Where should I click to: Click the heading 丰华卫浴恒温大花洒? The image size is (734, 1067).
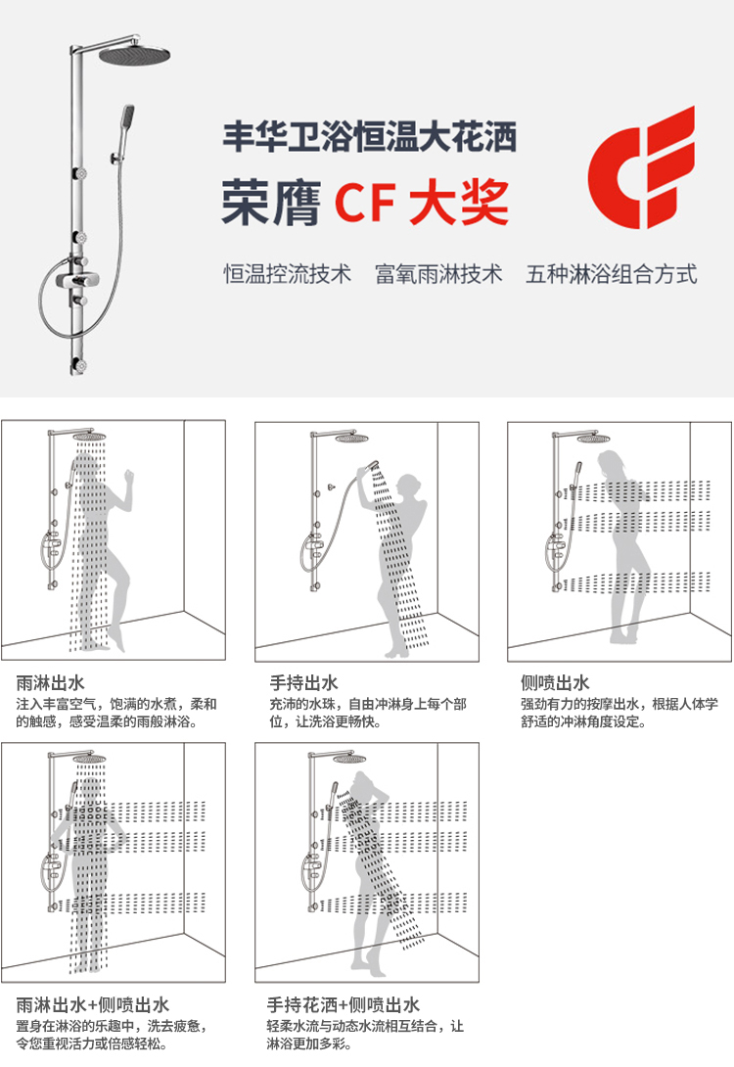tap(370, 136)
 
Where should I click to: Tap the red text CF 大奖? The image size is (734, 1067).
tap(422, 203)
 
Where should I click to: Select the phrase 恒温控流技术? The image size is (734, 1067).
tap(288, 274)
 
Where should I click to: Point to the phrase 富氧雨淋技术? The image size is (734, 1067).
tap(438, 274)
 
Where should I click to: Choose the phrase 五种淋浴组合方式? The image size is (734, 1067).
tap(612, 274)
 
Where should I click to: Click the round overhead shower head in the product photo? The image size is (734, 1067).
tap(134, 55)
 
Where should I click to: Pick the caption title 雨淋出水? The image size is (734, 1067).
tap(50, 682)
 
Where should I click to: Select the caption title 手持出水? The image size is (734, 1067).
tap(304, 682)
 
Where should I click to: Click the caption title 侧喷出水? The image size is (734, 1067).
tap(555, 682)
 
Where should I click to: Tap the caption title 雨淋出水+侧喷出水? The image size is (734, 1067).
tap(93, 1004)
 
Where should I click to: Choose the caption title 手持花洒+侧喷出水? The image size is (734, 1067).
tap(344, 1004)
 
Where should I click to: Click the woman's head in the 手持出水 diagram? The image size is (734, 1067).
tap(407, 486)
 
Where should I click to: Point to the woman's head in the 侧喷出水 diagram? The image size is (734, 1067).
tap(609, 462)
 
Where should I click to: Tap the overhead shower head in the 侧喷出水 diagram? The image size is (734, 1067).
tap(593, 439)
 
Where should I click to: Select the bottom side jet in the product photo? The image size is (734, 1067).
tap(80, 365)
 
